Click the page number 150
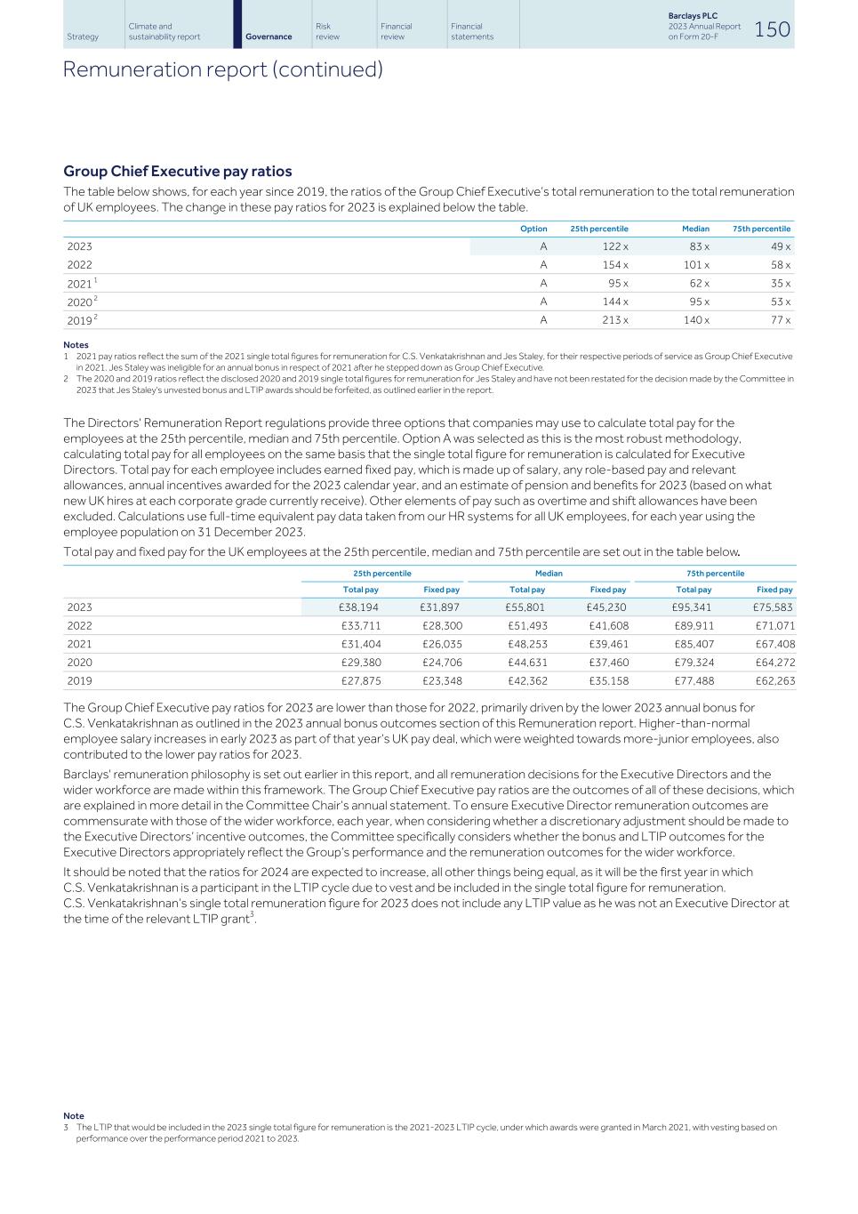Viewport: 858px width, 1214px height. [x=772, y=28]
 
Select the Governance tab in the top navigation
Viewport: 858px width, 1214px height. [x=269, y=36]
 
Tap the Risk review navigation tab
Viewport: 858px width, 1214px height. [x=327, y=31]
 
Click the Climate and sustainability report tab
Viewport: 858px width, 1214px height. [x=164, y=31]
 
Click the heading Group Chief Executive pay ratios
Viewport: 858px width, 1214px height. [x=178, y=171]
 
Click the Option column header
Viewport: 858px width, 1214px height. [x=533, y=229]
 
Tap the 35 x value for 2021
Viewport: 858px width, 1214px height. [x=780, y=284]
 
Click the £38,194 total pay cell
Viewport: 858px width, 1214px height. [x=360, y=607]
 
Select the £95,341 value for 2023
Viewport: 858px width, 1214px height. [x=692, y=607]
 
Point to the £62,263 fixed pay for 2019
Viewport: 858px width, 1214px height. [x=774, y=681]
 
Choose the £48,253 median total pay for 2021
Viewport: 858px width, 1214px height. [x=527, y=644]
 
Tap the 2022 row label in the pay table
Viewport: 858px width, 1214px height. [x=79, y=626]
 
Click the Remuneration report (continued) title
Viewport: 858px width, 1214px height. [x=222, y=69]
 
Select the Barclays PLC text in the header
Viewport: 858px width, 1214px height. [x=693, y=16]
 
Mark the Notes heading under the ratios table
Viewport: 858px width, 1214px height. [x=76, y=344]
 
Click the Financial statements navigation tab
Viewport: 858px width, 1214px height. [x=471, y=31]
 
